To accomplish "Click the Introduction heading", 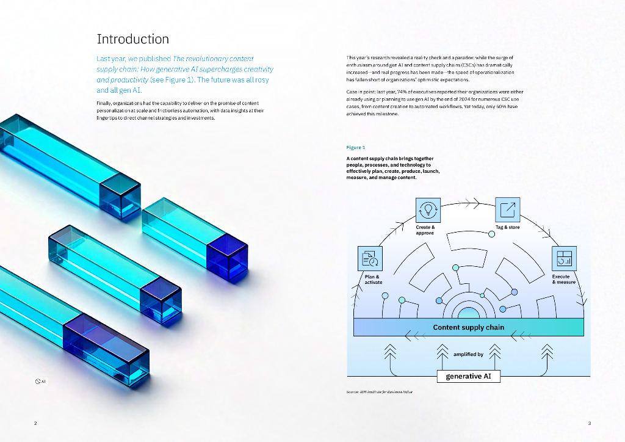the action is click(132, 39).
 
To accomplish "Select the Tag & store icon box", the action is click(507, 210).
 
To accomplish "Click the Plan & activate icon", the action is click(369, 258).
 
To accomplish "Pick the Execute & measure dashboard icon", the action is click(563, 258).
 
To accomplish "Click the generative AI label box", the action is click(468, 376).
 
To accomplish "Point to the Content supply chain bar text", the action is click(468, 327).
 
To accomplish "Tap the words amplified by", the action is click(468, 354).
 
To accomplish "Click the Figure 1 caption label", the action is click(355, 147).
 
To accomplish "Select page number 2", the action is click(35, 423).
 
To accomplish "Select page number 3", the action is click(589, 423).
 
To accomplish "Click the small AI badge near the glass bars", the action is click(40, 382).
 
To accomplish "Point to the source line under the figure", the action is click(379, 391).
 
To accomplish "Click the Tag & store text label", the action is click(507, 227).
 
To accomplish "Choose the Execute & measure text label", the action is click(563, 279).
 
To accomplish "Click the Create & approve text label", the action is click(425, 230).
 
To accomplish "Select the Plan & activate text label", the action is click(374, 279).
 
